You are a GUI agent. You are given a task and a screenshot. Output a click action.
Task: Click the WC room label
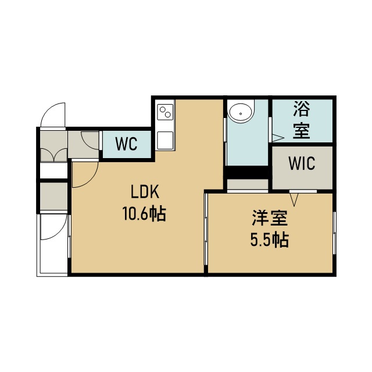[x=126, y=144]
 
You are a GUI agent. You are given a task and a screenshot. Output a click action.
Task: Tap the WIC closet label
[x=302, y=163]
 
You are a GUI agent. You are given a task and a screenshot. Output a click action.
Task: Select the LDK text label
[x=145, y=192]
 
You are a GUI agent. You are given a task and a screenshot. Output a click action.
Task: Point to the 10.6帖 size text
[x=144, y=214]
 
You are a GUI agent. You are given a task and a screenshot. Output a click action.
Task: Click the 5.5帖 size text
[x=270, y=240]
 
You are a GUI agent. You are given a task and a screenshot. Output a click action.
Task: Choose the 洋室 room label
[x=270, y=219]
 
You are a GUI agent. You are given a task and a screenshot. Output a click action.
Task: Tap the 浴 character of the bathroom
[x=302, y=109]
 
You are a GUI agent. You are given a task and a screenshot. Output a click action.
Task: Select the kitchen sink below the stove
[x=165, y=140]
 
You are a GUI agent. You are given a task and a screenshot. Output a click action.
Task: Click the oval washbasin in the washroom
[x=241, y=114]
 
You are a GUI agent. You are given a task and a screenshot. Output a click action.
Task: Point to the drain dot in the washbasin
[x=241, y=114]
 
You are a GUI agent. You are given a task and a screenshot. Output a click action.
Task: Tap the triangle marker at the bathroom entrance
[x=278, y=138]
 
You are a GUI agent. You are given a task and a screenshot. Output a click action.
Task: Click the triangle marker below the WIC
[x=294, y=199]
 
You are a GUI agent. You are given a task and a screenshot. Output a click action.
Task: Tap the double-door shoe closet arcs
[x=54, y=154]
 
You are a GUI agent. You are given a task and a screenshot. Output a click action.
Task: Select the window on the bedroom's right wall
[x=335, y=233]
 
